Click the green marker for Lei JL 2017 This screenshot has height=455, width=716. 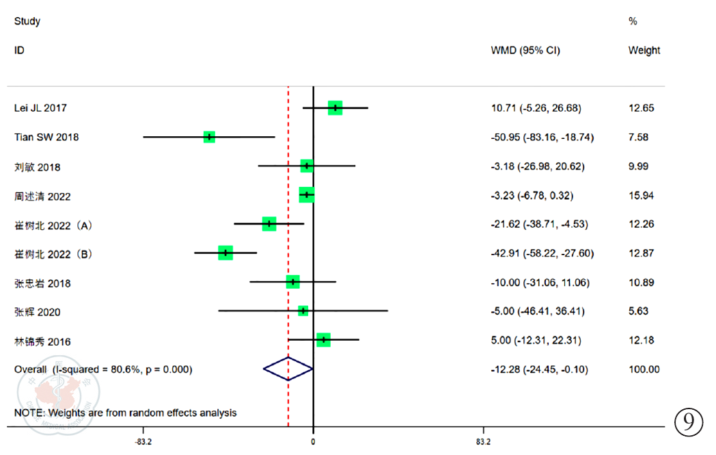pos(335,108)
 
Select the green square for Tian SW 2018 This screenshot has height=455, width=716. pos(209,137)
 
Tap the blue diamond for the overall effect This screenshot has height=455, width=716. pos(288,369)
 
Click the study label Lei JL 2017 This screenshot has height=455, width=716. pos(40,108)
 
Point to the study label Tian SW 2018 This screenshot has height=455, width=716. pos(46,138)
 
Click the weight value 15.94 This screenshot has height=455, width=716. pos(641,196)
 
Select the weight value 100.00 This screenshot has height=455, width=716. pos(644,369)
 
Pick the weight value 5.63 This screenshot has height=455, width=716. pos(638,312)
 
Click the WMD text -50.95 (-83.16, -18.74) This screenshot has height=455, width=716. pos(542,138)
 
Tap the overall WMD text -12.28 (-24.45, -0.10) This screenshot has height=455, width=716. pos(540,369)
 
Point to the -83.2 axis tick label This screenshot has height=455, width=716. pos(143,442)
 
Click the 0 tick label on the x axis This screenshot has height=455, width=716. pos(313,442)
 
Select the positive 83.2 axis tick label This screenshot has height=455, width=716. pos(483,442)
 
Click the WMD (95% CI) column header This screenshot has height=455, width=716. pos(525,50)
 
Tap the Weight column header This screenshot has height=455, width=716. pos(644,50)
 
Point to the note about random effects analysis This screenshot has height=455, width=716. pos(126,413)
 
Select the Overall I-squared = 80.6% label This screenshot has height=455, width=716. pos(103,369)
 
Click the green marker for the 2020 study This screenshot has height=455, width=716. pos(303,311)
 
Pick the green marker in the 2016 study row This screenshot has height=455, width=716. pos(324,340)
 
